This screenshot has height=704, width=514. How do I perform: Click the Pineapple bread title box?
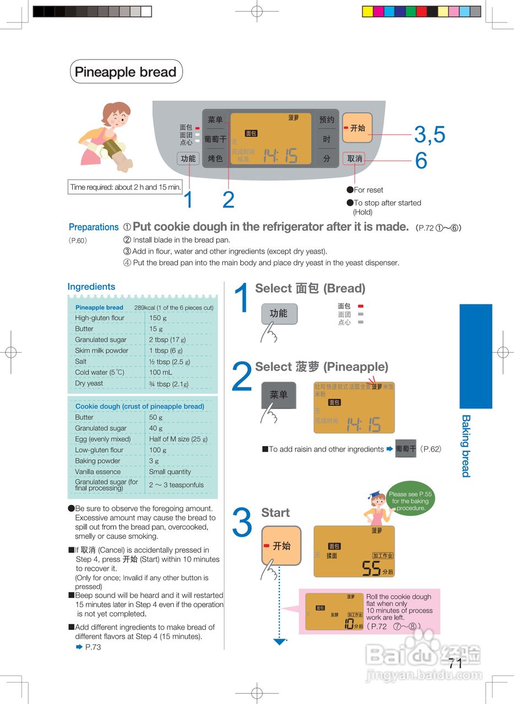(x=126, y=71)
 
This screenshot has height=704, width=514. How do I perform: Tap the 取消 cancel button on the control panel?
(x=355, y=158)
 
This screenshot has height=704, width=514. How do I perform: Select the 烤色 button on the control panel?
(x=215, y=158)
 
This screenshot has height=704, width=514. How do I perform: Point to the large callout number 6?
(x=421, y=161)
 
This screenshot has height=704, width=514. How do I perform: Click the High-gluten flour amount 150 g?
(x=158, y=318)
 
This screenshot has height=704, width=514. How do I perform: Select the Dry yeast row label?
(x=89, y=383)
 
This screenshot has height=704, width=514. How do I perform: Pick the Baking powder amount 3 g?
(x=154, y=461)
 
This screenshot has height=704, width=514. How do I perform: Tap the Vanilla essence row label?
(x=98, y=472)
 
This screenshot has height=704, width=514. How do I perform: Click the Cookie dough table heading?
(x=140, y=406)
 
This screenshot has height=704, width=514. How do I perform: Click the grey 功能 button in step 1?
(x=278, y=313)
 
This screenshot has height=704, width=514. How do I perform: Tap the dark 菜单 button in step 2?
(x=278, y=395)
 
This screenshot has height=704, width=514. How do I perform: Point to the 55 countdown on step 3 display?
(x=372, y=568)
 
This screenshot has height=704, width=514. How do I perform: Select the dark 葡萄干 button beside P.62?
(x=406, y=449)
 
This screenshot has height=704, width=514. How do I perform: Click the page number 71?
(x=455, y=663)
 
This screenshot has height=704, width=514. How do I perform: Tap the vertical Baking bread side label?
(x=466, y=446)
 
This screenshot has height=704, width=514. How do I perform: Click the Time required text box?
(x=125, y=187)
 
